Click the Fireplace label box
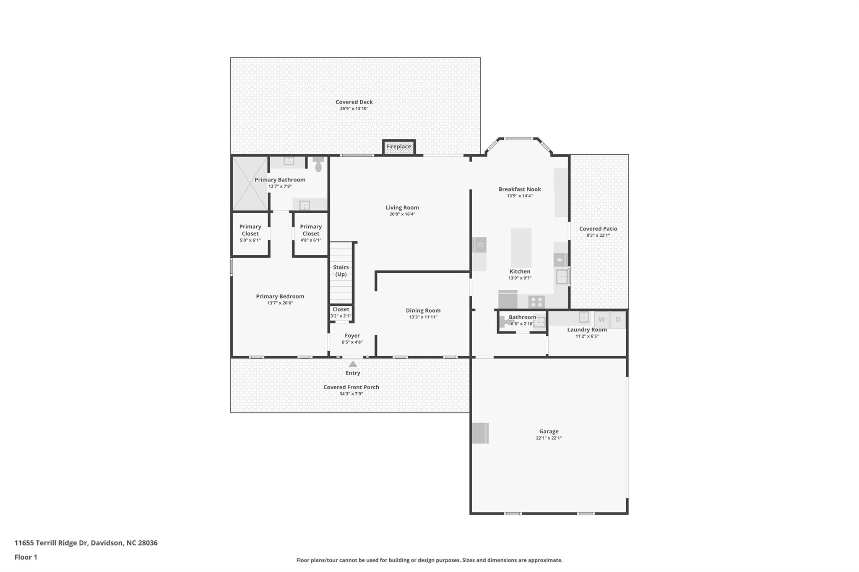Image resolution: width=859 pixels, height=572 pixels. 398,147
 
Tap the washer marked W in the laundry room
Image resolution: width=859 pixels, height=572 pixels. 601,320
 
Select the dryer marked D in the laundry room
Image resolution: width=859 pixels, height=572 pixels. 618,320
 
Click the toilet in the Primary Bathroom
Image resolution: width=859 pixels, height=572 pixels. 318,164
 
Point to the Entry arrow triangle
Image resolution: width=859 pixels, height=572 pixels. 353,364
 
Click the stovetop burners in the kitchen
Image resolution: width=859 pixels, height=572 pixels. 536,302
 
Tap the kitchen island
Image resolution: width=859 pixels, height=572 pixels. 521,248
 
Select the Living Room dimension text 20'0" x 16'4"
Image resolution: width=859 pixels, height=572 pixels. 402,214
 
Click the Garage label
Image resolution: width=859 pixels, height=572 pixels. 549,431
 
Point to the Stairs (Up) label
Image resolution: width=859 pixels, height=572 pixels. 341,271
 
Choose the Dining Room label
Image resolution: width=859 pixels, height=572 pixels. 423,311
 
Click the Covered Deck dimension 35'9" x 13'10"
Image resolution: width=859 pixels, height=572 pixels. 354,109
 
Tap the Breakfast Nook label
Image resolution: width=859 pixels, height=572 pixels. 520,189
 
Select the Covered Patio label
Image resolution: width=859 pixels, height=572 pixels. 598,229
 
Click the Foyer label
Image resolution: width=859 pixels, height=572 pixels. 352,336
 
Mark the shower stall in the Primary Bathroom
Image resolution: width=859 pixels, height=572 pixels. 250,184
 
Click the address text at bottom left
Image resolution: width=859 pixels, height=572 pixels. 86,543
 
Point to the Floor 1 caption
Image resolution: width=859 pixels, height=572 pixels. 26,557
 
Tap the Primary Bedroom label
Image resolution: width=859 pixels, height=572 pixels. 280,296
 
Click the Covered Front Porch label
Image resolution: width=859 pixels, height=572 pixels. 351,387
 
